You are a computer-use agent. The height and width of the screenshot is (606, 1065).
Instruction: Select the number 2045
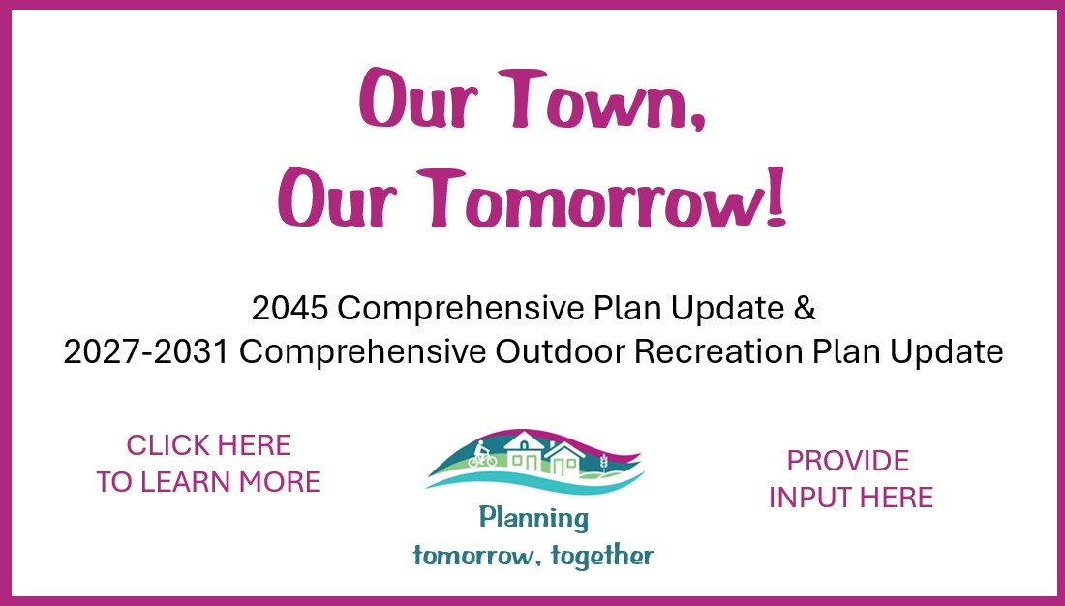coord(290,309)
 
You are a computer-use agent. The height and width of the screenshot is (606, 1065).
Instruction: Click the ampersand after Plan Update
coord(804,309)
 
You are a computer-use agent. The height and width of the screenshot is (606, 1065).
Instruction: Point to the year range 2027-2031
coord(146,352)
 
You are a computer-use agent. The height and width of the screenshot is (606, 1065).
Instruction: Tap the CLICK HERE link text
coord(208,445)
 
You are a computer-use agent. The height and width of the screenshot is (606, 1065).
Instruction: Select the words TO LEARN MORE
coord(208,482)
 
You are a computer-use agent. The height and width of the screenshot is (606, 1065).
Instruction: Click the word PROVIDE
coord(848,461)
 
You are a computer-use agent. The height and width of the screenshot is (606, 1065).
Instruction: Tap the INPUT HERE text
coord(850,498)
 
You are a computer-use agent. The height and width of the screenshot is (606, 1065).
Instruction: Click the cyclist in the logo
coord(482,455)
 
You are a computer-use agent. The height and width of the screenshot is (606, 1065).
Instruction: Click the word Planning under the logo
coord(533,518)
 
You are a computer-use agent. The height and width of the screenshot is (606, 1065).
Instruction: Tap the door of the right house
coord(560,467)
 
